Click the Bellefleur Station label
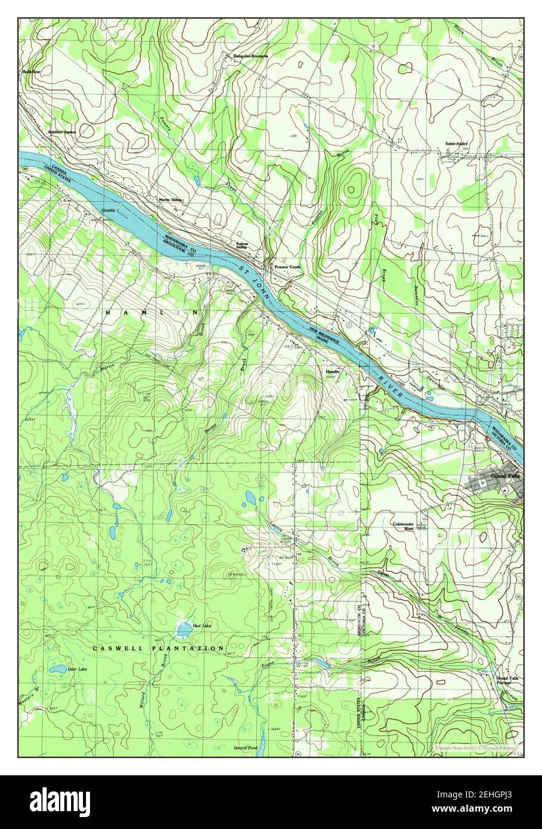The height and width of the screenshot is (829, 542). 62,132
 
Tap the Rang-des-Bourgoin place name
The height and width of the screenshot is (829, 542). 246,55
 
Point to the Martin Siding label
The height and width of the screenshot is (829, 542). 169,200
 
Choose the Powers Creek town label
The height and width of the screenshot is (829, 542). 287,267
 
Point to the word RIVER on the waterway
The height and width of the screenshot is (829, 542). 394,386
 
